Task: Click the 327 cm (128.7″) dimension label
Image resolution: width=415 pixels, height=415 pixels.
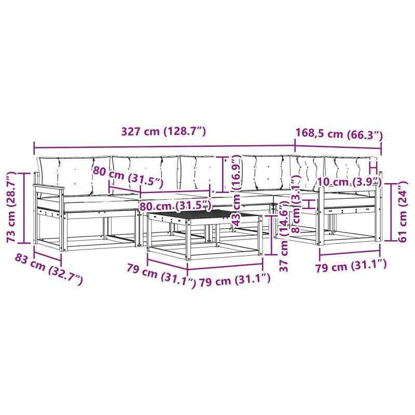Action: coord(163,132)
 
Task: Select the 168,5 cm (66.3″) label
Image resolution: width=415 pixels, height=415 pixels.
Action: coord(339,134)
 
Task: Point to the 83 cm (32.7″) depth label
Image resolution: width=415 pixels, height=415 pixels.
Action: coord(48,269)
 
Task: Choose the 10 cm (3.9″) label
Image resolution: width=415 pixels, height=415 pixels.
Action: coord(349,182)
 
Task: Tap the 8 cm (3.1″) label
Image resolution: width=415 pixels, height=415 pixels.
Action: coord(296,204)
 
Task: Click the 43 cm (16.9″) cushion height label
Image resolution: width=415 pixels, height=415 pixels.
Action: coord(236,190)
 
